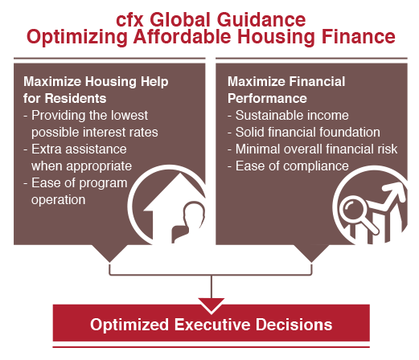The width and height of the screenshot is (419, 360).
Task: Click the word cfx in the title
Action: (129, 20)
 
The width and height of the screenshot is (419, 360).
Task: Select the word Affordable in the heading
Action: (182, 36)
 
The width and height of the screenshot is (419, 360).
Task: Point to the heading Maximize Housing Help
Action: (96, 81)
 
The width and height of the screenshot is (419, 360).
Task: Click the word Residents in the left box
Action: (76, 98)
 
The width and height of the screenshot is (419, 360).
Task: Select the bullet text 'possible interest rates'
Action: (95, 132)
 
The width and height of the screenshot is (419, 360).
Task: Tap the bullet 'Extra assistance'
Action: (75, 149)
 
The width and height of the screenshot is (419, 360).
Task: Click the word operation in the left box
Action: (58, 200)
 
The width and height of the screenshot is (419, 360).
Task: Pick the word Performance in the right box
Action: (267, 98)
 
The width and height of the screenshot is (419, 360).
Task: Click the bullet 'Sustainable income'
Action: (288, 116)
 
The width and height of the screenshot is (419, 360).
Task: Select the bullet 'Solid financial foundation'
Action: (304, 132)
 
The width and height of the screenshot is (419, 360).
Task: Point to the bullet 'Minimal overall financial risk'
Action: (312, 149)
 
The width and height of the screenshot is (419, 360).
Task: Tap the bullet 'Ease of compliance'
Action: (288, 166)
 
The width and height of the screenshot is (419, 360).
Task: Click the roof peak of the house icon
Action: (179, 174)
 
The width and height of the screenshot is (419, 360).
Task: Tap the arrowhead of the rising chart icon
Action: (396, 191)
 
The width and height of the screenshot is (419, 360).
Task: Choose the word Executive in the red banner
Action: (212, 325)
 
